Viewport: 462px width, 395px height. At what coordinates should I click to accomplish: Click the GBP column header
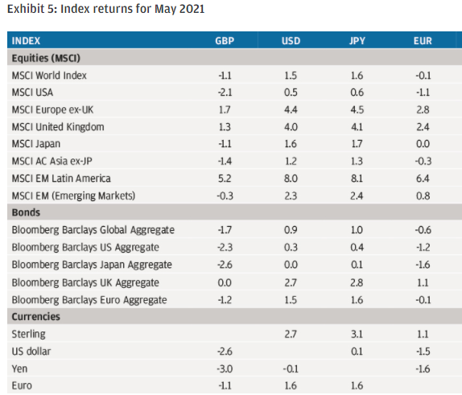tap(225, 41)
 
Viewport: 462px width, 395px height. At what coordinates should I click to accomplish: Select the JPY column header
tap(357, 41)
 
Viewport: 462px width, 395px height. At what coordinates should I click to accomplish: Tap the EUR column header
tap(423, 41)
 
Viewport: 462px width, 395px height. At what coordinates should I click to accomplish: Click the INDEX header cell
tap(26, 41)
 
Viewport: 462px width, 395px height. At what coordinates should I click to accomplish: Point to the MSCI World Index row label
tap(49, 76)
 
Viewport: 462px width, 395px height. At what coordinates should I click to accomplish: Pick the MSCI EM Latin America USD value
tap(291, 179)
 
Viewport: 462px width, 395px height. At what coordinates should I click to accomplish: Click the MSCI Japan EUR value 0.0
tap(423, 144)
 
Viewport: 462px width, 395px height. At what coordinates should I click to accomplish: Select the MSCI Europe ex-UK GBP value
tap(225, 109)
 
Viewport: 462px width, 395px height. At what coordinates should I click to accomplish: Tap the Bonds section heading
tap(26, 212)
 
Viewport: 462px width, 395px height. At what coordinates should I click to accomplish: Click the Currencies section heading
tap(36, 317)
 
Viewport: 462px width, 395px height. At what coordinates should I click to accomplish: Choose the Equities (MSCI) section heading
tap(46, 58)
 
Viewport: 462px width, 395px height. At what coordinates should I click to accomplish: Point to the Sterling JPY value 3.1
tap(357, 334)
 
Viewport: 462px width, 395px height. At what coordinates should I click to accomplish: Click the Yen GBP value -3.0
tap(225, 368)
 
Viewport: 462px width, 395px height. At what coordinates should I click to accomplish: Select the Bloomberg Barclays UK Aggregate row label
tap(85, 282)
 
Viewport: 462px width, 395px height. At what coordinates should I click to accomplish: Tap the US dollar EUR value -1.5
tap(423, 352)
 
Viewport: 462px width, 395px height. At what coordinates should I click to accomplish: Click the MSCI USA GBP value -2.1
tap(225, 93)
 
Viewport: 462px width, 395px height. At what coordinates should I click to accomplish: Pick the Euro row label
tap(22, 386)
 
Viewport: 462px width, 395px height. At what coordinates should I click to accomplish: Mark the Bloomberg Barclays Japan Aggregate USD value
tap(291, 265)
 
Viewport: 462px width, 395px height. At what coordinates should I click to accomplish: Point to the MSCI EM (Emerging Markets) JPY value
tap(357, 195)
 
